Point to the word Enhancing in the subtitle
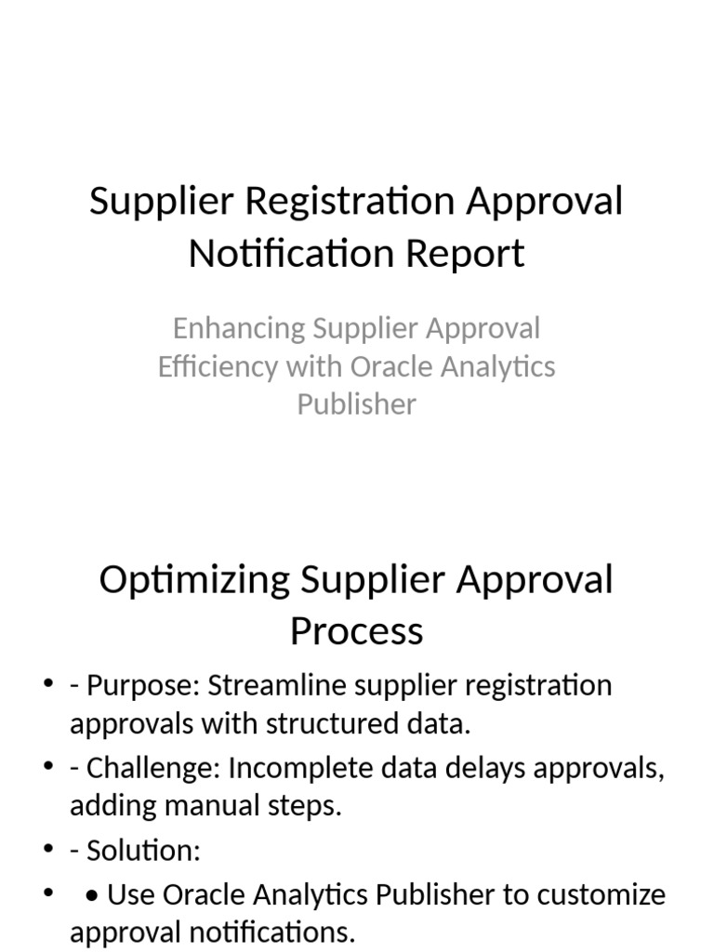click(238, 328)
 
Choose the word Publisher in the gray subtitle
click(357, 404)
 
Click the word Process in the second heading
click(357, 631)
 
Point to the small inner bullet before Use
click(92, 895)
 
